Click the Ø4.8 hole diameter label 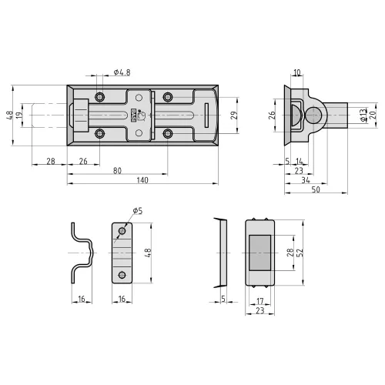pyautogui.click(x=122, y=72)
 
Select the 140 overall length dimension pyautogui.click(x=142, y=180)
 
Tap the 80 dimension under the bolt pyautogui.click(x=117, y=171)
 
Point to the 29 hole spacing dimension pyautogui.click(x=234, y=115)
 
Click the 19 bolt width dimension pyautogui.click(x=19, y=115)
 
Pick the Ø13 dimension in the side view pyautogui.click(x=363, y=115)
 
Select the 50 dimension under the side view pyautogui.click(x=316, y=189)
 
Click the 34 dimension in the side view pyautogui.click(x=306, y=180)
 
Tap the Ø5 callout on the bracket pyautogui.click(x=138, y=211)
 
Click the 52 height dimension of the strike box pyautogui.click(x=300, y=253)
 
